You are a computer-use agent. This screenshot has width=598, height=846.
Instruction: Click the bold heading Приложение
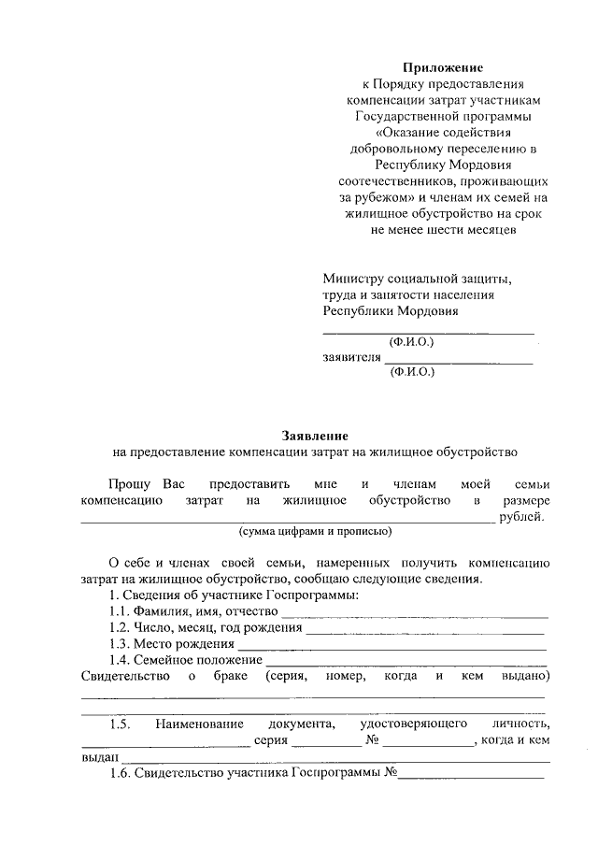[442, 67]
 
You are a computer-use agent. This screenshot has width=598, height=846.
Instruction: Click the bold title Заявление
[315, 436]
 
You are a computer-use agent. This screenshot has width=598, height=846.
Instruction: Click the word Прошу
[126, 484]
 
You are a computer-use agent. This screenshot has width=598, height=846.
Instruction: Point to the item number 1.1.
[121, 611]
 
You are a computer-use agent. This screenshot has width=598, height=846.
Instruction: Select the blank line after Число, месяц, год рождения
[425, 631]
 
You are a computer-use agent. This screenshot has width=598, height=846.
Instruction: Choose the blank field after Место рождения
[392, 647]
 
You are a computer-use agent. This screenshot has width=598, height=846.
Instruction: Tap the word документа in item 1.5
[300, 724]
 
